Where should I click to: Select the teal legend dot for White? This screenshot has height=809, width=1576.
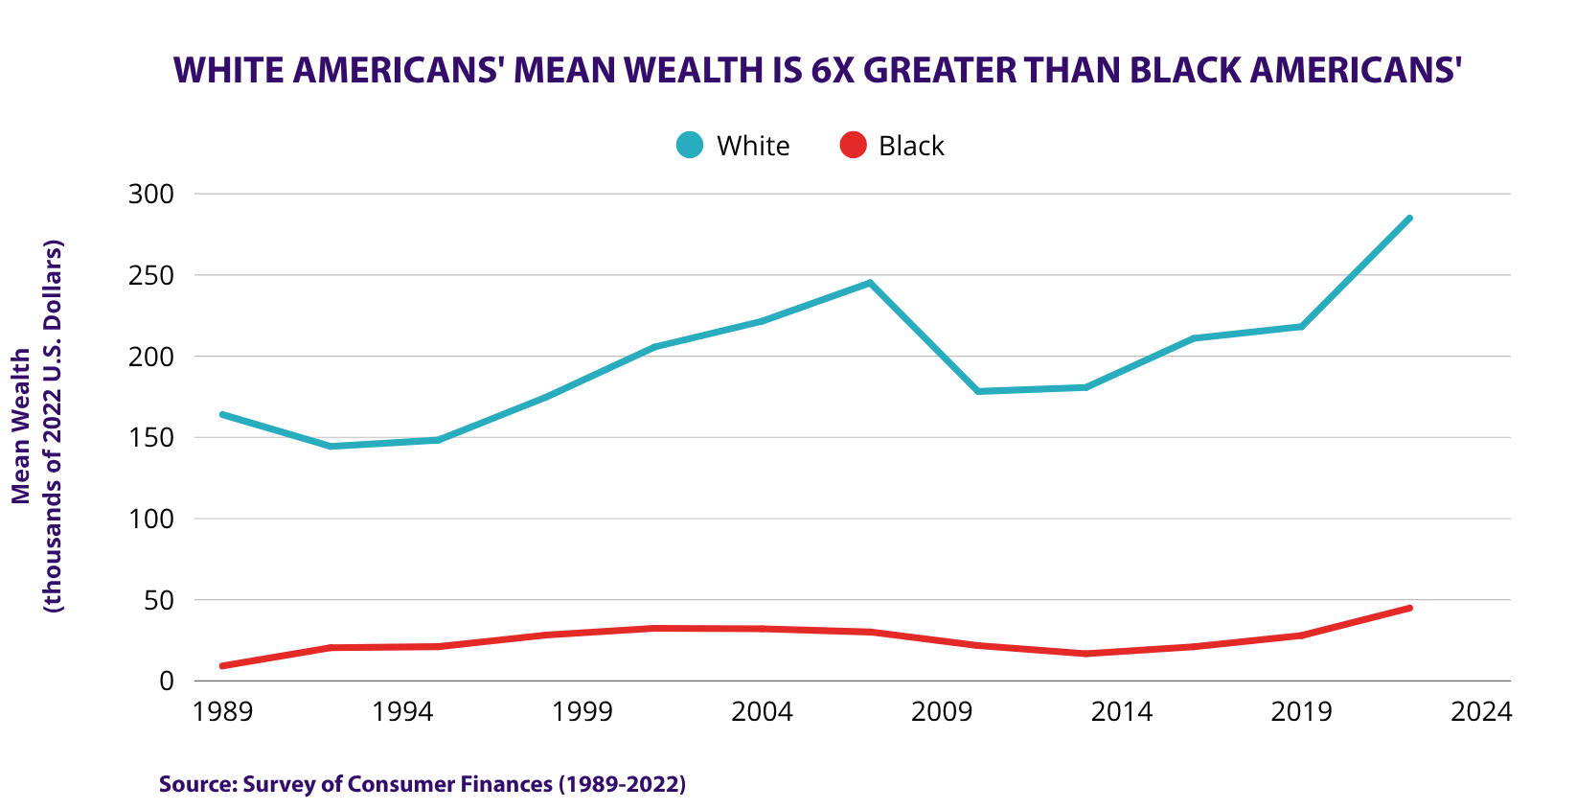click(690, 145)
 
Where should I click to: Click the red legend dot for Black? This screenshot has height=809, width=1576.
click(853, 145)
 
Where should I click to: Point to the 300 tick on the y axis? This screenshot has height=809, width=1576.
click(150, 195)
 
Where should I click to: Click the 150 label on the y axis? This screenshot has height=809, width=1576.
click(150, 438)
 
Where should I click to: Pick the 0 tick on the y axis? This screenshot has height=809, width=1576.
click(166, 681)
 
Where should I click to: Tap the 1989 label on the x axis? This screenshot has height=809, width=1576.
click(223, 712)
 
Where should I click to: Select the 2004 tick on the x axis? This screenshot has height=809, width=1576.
click(762, 712)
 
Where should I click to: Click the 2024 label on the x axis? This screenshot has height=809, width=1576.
click(1481, 712)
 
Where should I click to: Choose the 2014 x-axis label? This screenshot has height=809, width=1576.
click(1122, 712)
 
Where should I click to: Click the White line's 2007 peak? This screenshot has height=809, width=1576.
click(870, 283)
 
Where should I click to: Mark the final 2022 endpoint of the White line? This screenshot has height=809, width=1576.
click(1409, 219)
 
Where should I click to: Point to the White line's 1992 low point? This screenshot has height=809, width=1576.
click(331, 447)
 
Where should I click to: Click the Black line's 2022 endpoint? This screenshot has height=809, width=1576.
click(1409, 608)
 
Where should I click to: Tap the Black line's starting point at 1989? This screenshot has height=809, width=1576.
click(223, 666)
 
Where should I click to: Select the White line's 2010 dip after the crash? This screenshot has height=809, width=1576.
click(978, 391)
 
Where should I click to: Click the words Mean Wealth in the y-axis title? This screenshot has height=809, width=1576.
click(21, 427)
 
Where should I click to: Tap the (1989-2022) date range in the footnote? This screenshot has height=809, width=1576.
click(622, 784)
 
